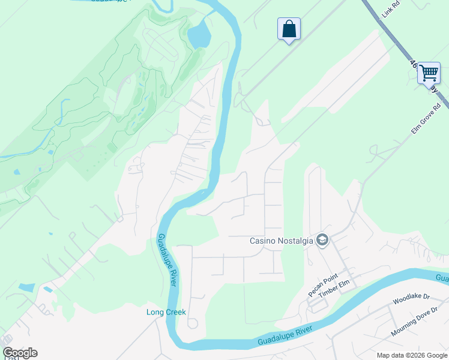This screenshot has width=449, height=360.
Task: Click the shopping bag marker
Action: click(289, 29)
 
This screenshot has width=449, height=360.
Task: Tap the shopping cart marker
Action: click(429, 73)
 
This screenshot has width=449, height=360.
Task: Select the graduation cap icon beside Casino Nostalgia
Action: click(322, 241)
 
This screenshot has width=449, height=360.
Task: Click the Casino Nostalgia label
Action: click(282, 241)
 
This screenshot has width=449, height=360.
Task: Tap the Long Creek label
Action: click(166, 312)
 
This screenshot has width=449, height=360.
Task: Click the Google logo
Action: click(20, 353)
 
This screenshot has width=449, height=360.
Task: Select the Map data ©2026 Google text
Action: click(412, 355)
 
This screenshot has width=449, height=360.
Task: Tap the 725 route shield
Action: click(10, 358)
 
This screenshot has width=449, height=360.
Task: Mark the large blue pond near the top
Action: click(199, 36)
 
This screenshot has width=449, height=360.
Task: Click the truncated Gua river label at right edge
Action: click(442, 278)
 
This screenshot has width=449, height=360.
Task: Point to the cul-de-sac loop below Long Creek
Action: click(193, 323)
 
